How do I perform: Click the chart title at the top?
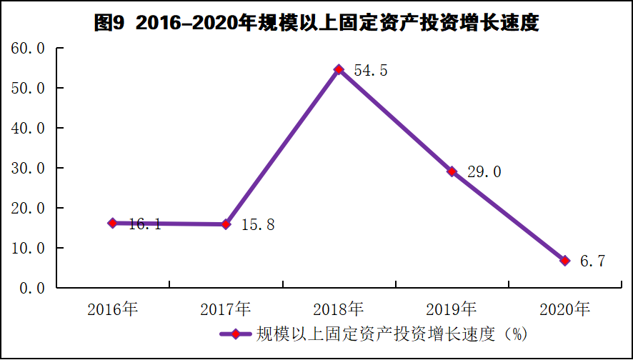click(x=316, y=24)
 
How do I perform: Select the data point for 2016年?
click(x=113, y=223)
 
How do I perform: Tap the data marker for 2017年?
click(x=226, y=224)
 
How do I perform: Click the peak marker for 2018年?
click(x=339, y=69)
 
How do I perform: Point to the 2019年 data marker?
click(x=452, y=171)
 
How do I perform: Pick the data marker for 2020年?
click(x=565, y=260)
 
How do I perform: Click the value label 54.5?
click(x=371, y=71)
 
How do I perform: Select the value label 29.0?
click(x=484, y=172)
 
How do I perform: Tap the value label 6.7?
click(x=592, y=261)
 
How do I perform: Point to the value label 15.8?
click(x=258, y=225)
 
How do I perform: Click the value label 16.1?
click(x=145, y=224)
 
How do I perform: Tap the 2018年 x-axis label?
click(x=339, y=309)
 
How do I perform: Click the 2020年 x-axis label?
click(x=565, y=309)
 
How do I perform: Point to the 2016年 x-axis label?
click(x=113, y=309)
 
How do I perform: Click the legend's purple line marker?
click(x=236, y=334)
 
